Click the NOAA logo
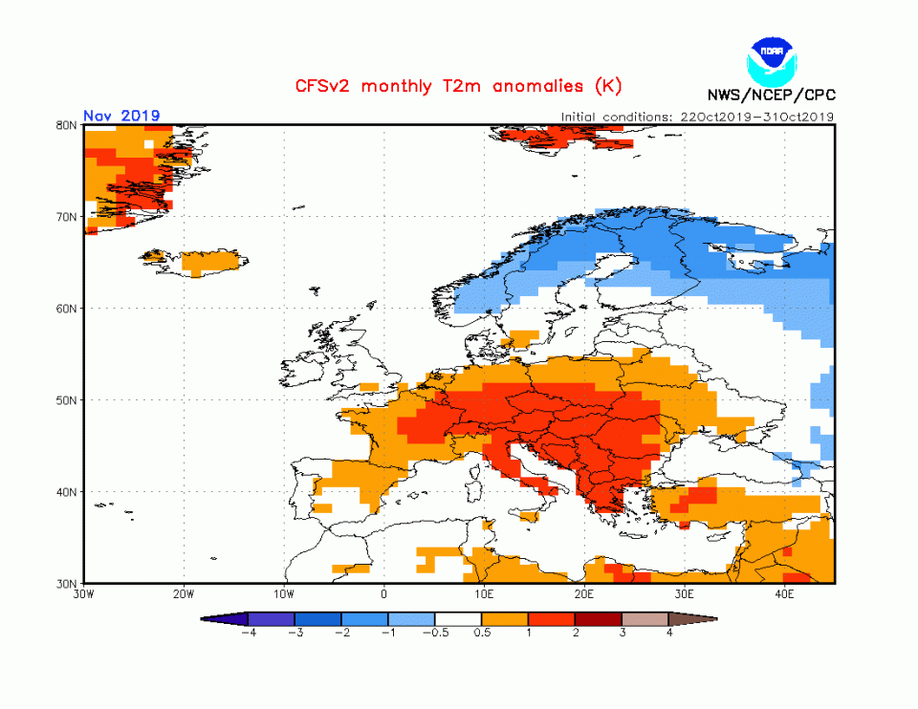click(771, 60)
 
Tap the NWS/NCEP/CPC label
click(771, 95)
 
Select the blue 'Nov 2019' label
click(121, 116)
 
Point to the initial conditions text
click(698, 117)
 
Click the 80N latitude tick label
click(66, 125)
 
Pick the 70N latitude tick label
click(66, 217)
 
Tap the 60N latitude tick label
click(66, 309)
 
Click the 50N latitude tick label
click(66, 400)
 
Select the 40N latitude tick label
click(66, 492)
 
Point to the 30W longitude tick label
click(84, 594)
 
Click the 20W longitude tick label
click(184, 594)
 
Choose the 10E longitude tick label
click(484, 594)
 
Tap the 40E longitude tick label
click(784, 594)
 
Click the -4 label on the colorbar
click(249, 633)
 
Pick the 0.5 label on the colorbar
click(482, 633)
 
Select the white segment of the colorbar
click(459, 618)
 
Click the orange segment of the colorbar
click(505, 618)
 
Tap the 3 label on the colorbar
click(623, 633)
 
